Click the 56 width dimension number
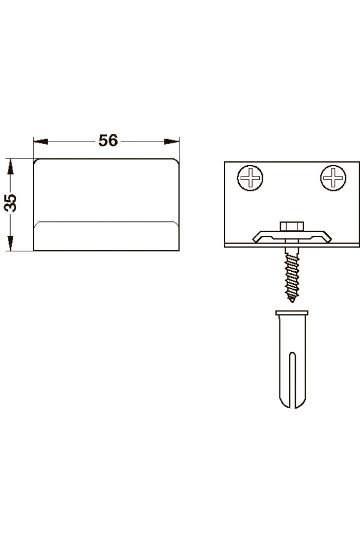(x=108, y=140)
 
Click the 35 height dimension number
(x=10, y=203)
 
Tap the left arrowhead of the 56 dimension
(x=41, y=142)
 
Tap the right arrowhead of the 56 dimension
(x=172, y=141)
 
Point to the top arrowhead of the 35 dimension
(x=10, y=167)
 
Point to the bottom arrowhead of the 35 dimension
(x=10, y=243)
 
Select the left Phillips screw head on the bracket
(x=250, y=178)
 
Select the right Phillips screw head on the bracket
(x=333, y=178)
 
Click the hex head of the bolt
(x=292, y=227)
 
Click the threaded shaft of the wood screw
(x=292, y=272)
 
